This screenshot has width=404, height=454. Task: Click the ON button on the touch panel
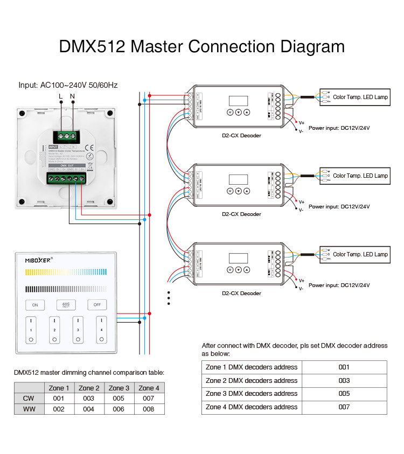tap(35, 305)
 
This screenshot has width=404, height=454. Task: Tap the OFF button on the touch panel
tap(97, 305)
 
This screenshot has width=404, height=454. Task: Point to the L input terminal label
tap(60, 96)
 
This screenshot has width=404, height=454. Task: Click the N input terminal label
tap(72, 96)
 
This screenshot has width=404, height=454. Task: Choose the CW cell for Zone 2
tap(89, 399)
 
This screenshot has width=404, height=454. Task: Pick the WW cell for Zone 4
tap(149, 409)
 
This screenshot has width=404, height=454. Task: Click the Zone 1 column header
tap(59, 388)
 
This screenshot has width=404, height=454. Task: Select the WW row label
tap(29, 409)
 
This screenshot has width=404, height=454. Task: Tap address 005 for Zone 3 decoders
tap(344, 394)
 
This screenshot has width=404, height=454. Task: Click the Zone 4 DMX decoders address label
tap(252, 407)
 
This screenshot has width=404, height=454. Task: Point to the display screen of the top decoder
tap(238, 101)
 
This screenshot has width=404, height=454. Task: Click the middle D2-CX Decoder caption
tap(241, 214)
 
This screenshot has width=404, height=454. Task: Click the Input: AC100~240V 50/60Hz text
tap(68, 85)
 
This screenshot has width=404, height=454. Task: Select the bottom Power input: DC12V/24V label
tap(339, 285)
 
